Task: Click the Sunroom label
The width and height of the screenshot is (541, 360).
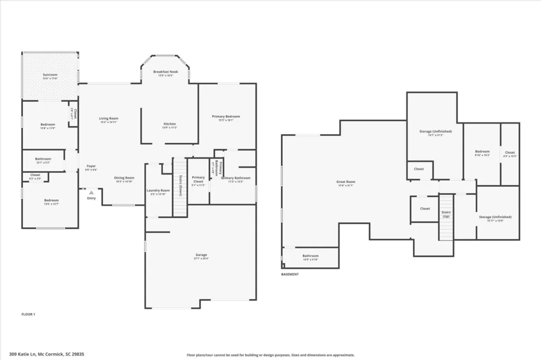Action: [50, 75]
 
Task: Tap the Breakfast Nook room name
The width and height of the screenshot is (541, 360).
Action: [165, 72]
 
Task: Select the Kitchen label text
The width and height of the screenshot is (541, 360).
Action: [170, 124]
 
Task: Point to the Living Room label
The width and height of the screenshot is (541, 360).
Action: [109, 118]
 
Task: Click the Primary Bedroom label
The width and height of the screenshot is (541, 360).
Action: [226, 117]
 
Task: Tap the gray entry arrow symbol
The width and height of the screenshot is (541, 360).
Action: [91, 192]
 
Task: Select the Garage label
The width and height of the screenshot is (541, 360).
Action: [201, 255]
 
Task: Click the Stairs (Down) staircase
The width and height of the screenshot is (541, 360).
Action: [180, 187]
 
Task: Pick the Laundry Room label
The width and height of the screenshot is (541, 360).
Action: [158, 191]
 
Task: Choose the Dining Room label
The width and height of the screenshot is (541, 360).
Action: [124, 178]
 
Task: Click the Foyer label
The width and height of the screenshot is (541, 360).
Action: [91, 166]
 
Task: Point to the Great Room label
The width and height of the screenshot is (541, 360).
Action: [346, 182]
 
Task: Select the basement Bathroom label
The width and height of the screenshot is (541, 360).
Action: [310, 256]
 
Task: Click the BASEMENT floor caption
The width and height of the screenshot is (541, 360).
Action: [289, 274]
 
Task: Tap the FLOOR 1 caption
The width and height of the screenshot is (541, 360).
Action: [28, 314]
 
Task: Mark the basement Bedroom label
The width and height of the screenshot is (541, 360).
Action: [482, 152]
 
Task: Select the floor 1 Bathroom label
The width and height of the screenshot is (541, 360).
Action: [43, 159]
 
